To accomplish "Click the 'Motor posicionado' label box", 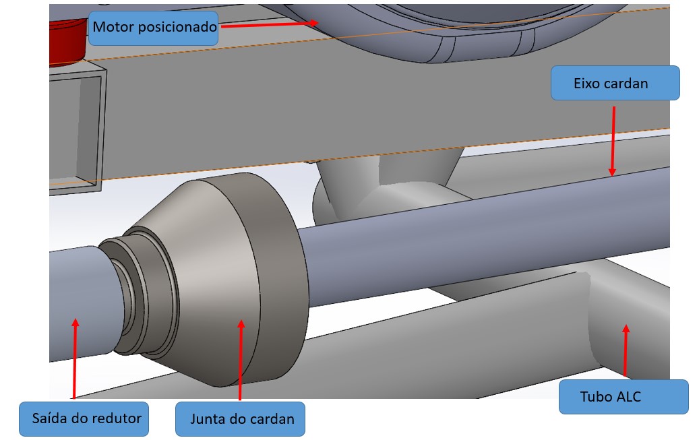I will (154, 28).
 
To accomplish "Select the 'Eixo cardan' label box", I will (614, 83).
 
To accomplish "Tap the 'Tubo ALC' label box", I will (624, 396).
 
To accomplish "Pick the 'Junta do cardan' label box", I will (241, 418).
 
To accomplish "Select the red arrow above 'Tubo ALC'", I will (626, 350).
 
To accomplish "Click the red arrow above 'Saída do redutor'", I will (74, 357).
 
